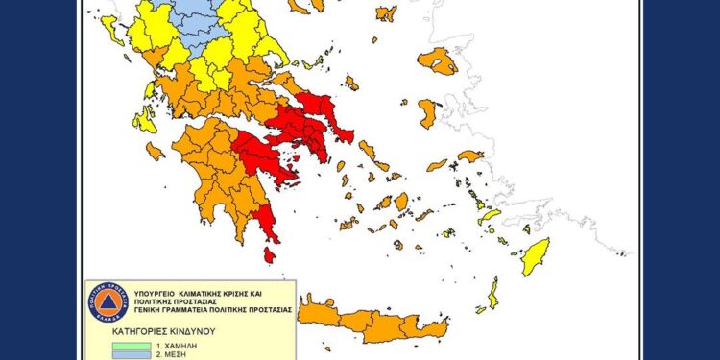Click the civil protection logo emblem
[x=108, y=302]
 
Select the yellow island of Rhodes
[x=536, y=256]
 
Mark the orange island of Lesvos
[x=438, y=61]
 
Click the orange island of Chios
[x=428, y=113]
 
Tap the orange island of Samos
[x=470, y=156]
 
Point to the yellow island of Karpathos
[x=492, y=293]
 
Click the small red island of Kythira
[x=270, y=255]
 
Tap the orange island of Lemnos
[x=386, y=13]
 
